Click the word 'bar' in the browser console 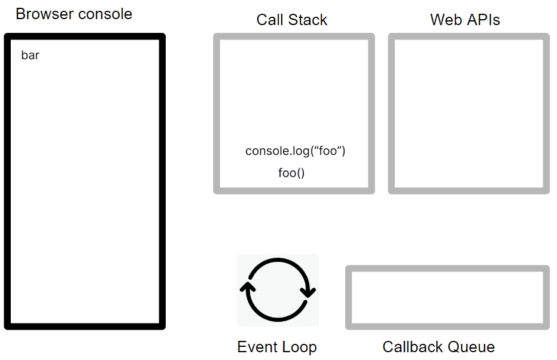[x=30, y=56]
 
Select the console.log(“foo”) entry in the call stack [x=295, y=151]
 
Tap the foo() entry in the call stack [x=291, y=173]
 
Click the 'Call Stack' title [x=291, y=20]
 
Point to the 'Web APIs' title [x=465, y=20]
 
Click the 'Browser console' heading [x=74, y=14]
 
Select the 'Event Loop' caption [x=277, y=347]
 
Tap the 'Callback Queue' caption [x=439, y=347]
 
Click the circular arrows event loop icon [x=278, y=258]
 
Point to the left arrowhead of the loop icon [x=247, y=287]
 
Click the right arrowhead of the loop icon [x=308, y=292]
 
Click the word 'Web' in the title [x=446, y=20]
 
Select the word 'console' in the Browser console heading [x=105, y=14]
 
